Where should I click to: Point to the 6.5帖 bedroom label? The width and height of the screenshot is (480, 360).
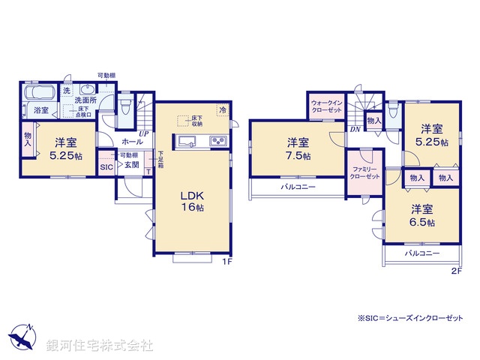click(421, 215)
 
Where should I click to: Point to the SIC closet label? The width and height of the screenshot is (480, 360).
click(106, 167)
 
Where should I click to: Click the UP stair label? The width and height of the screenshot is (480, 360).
click(142, 134)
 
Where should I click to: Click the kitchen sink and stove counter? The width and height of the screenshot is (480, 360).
click(202, 141)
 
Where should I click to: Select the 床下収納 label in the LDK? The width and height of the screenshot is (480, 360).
click(196, 121)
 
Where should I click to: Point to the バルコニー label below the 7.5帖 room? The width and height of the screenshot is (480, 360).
click(298, 187)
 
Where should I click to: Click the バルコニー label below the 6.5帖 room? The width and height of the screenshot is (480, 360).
click(421, 254)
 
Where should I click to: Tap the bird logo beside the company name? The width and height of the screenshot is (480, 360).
click(21, 337)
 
